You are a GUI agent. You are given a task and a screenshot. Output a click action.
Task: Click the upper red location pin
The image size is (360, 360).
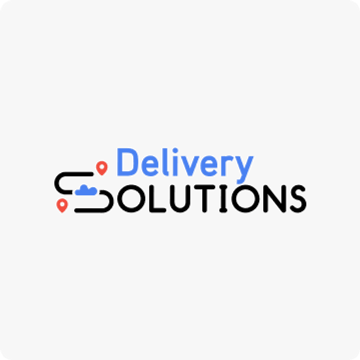tap(102, 168)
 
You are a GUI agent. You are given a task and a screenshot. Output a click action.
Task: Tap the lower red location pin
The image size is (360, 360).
tap(62, 205)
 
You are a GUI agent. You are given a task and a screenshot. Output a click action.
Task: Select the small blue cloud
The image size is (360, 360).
tap(86, 190)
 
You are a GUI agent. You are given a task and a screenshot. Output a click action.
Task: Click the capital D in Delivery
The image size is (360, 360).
tap(127, 162)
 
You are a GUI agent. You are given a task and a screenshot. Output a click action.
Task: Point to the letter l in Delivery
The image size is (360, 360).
tap(165, 162)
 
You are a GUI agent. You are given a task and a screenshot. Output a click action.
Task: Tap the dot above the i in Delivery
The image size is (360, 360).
tap(175, 151)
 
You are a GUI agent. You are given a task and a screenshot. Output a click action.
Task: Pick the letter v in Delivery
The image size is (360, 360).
tap(190, 166)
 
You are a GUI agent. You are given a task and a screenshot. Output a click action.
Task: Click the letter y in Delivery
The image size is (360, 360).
tap(244, 170)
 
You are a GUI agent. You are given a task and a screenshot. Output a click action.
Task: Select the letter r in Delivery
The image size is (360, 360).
tap(227, 166)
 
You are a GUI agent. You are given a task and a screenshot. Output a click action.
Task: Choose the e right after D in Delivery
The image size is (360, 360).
tap(150, 166)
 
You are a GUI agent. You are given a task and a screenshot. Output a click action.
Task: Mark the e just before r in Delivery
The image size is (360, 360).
tap(209, 166)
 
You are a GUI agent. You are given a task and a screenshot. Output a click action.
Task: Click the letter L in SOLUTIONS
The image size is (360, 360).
tap(158, 199)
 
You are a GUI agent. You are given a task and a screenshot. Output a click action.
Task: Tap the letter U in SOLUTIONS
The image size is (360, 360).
tap(180, 199)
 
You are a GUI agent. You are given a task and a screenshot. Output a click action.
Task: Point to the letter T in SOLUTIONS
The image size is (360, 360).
tap(205, 199)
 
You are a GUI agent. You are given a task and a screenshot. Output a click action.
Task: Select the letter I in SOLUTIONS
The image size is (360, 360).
tap(223, 199)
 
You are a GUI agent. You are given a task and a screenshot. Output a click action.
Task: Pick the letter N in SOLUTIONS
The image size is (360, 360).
tap(275, 199)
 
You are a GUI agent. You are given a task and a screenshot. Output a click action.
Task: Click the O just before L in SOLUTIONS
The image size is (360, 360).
tap(131, 199)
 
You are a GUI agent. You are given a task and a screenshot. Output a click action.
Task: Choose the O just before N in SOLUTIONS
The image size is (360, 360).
tap(245, 199)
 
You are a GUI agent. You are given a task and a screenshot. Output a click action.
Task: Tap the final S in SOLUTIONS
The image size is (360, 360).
tap(298, 199)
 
